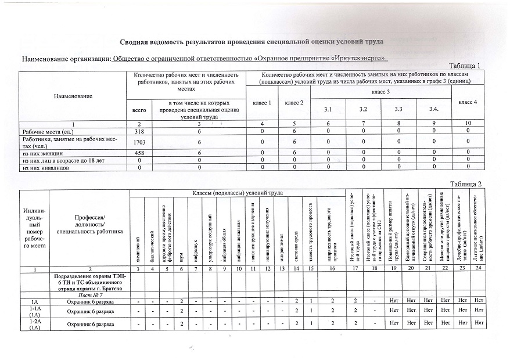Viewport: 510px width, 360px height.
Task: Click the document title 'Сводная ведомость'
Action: pos(252,42)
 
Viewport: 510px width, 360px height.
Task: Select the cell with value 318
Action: pos(139,132)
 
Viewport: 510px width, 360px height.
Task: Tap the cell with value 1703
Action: pos(139,142)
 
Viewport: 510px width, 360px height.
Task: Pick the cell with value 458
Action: pos(139,152)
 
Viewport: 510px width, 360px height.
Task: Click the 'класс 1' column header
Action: pos(262,103)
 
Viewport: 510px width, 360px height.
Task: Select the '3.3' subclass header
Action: pos(397,109)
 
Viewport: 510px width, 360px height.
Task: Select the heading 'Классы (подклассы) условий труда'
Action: pos(237,193)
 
